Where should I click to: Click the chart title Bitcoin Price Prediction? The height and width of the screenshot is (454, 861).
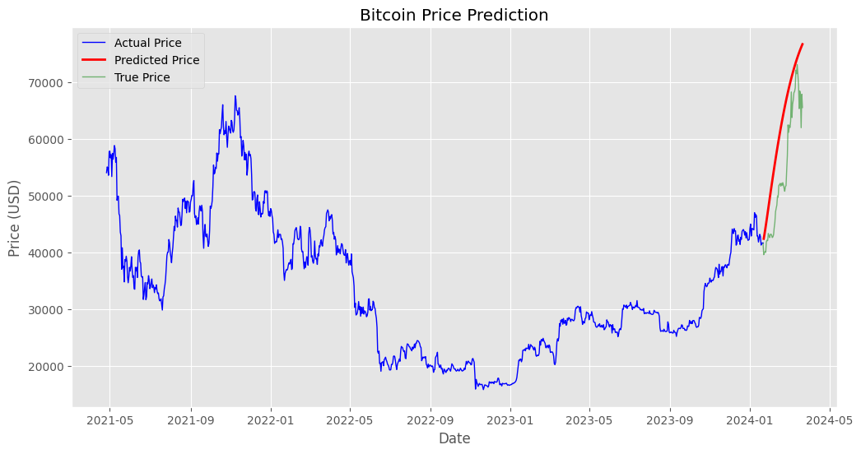pyautogui.click(x=454, y=15)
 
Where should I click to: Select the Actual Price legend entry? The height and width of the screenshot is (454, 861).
pyautogui.click(x=147, y=43)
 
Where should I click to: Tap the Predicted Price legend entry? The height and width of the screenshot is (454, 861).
pyautogui.click(x=156, y=60)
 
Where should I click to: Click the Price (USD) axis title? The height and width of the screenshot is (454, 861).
pyautogui.click(x=15, y=218)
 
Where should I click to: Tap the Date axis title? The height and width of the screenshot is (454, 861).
pyautogui.click(x=454, y=438)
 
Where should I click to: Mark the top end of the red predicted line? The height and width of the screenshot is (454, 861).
pyautogui.click(x=803, y=44)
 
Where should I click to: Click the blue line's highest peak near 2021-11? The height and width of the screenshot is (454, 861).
pyautogui.click(x=235, y=95)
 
